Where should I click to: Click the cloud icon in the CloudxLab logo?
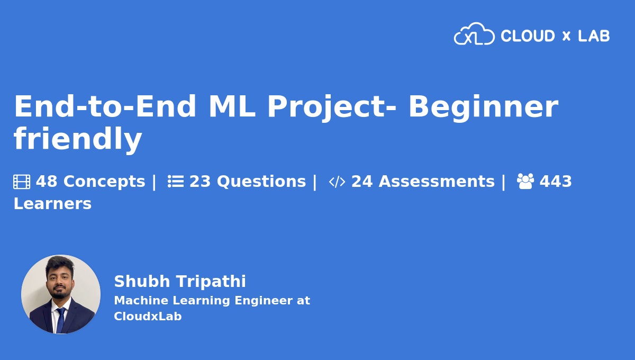click(x=474, y=34)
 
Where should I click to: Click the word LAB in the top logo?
click(x=594, y=36)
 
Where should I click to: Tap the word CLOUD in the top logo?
click(x=528, y=36)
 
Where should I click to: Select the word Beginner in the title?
click(x=483, y=108)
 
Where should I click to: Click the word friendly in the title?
click(x=78, y=139)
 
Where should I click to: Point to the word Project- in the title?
click(x=331, y=108)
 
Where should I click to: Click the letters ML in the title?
click(x=232, y=106)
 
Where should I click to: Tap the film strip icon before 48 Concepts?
click(x=22, y=182)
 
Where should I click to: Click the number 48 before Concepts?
click(x=47, y=182)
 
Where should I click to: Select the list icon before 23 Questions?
click(x=176, y=182)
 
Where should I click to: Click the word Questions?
click(x=261, y=182)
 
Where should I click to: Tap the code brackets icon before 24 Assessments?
click(x=337, y=182)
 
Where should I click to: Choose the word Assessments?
click(x=437, y=182)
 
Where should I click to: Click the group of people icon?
click(x=525, y=181)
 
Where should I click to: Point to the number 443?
click(x=556, y=182)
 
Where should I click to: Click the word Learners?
click(x=52, y=204)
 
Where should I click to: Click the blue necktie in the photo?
click(x=61, y=320)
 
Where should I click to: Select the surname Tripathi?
click(x=211, y=282)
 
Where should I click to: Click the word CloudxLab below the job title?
click(x=148, y=316)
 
